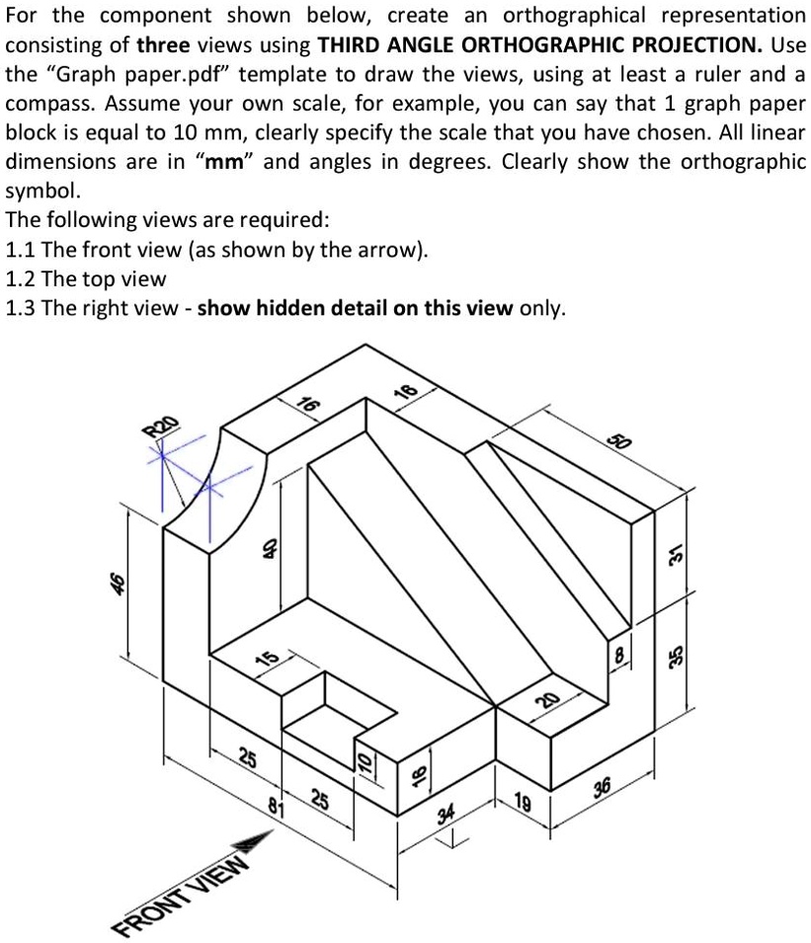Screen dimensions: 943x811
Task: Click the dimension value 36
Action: (x=602, y=786)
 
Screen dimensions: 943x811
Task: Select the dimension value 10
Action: (x=364, y=760)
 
